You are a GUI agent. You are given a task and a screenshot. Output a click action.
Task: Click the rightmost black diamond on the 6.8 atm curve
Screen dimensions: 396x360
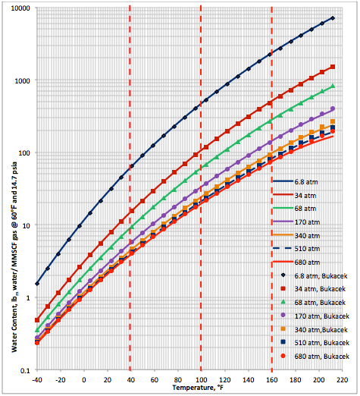(333, 18)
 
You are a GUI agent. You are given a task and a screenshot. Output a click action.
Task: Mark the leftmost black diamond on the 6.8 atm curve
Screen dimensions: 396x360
(37, 283)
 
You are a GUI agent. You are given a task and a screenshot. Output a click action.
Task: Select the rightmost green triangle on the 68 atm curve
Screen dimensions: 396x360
(333, 86)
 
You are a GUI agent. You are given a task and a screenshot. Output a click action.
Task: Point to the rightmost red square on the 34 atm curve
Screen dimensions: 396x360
(333, 67)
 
